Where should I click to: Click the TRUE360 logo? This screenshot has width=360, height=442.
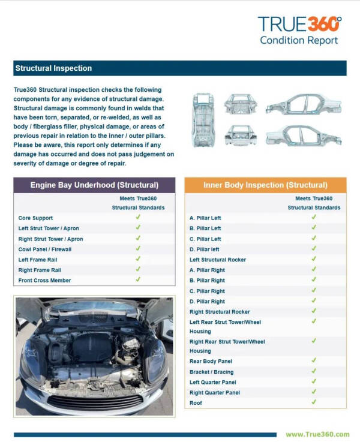point(299,23)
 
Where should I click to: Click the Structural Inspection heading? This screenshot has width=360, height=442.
point(53,68)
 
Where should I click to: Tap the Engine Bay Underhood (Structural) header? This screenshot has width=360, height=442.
point(94,185)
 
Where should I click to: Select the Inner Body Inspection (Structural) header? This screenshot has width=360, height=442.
point(265,185)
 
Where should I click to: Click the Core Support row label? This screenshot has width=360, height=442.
point(35,218)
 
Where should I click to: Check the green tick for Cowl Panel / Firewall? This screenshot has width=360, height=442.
point(138,248)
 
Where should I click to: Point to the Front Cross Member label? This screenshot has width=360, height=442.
point(44,281)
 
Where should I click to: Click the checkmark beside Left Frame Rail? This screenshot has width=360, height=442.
point(138,258)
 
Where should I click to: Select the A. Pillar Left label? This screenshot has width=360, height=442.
point(205,218)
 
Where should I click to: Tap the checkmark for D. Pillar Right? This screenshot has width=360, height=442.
point(314,300)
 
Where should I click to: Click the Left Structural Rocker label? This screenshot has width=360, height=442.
point(218,260)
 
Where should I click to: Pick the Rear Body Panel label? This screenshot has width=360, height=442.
point(211,362)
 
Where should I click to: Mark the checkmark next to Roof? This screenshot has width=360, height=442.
point(314,402)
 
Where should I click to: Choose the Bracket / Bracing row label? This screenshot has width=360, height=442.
point(211,372)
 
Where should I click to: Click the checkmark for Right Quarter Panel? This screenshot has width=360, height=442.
point(314,392)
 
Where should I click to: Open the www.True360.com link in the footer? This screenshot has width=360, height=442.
point(317,434)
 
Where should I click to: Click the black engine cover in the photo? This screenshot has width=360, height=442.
point(92,347)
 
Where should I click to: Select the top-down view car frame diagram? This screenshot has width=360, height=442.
point(203,120)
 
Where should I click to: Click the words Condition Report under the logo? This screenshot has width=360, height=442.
point(299,41)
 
